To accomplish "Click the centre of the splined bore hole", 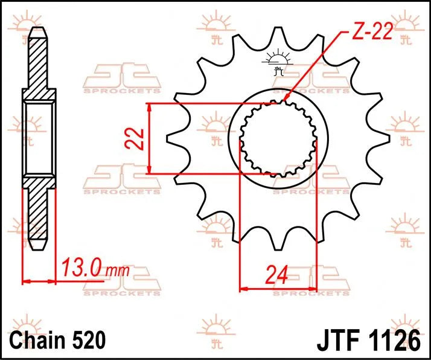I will (x=278, y=139).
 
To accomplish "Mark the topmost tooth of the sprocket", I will (x=278, y=36).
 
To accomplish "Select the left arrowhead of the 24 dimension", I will (x=243, y=289).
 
